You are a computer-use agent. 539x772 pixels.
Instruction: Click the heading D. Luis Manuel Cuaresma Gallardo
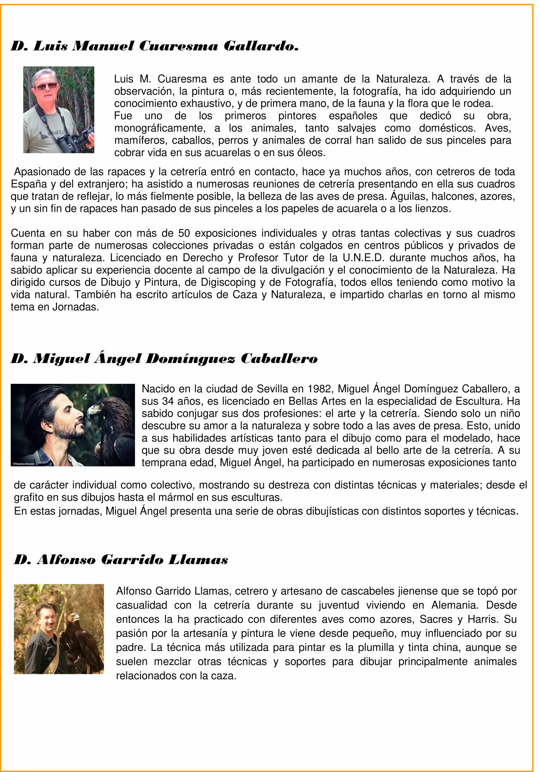[155, 46]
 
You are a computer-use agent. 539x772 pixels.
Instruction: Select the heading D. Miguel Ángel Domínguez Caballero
[164, 359]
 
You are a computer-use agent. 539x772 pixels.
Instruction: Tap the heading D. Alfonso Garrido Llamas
[121, 560]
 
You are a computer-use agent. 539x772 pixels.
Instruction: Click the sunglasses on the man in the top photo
[46, 87]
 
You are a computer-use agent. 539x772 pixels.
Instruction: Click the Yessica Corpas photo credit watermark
[23, 464]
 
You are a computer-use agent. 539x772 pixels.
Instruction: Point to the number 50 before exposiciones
[184, 233]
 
